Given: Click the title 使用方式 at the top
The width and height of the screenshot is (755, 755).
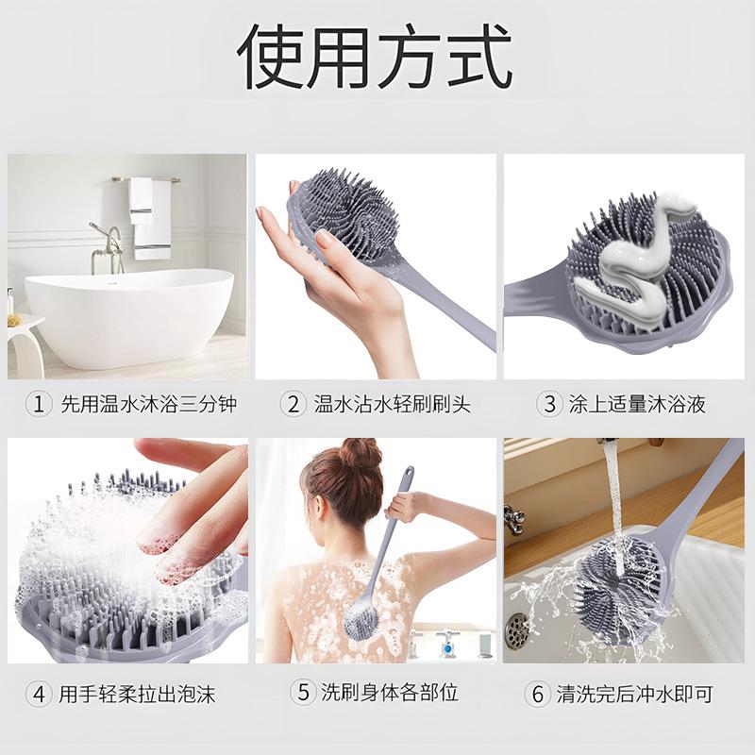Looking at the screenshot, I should click(x=375, y=59).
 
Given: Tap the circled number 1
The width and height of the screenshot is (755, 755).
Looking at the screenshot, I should click(x=39, y=405).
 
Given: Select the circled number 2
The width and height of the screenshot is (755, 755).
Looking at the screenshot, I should click(x=294, y=405).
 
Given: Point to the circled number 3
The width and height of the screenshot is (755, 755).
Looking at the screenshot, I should click(x=549, y=405).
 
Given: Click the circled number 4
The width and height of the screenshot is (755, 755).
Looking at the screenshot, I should click(x=39, y=694).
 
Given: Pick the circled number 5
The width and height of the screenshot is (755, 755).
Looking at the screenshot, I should click(x=302, y=692).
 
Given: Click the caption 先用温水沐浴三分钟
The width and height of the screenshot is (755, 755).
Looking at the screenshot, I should click(x=148, y=405).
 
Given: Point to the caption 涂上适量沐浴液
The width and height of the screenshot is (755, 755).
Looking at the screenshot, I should click(x=637, y=405).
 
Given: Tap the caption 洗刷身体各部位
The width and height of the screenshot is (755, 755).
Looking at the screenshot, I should click(x=391, y=692).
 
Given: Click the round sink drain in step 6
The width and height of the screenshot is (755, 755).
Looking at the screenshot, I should click(x=517, y=629).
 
